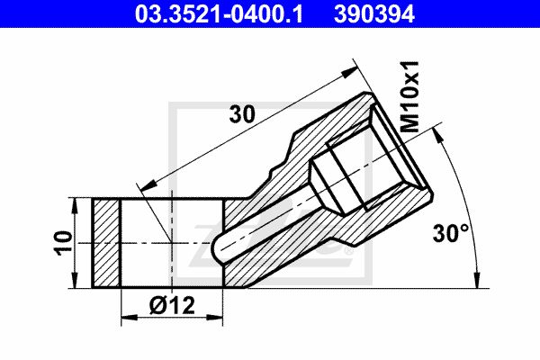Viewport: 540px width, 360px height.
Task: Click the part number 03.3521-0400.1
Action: pyautogui.click(x=219, y=14)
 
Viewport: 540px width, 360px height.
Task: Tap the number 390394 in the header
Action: pyautogui.click(x=374, y=14)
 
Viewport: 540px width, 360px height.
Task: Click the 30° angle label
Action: pyautogui.click(x=451, y=233)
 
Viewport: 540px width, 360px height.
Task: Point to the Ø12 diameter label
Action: pyautogui.click(x=172, y=305)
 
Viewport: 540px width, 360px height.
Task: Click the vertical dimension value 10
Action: pyautogui.click(x=64, y=243)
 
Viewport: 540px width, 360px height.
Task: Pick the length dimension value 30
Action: pyautogui.click(x=242, y=114)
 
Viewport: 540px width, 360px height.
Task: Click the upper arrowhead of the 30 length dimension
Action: pyautogui.click(x=350, y=72)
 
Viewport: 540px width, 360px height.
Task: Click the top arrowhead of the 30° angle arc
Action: pyautogui.click(x=436, y=135)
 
